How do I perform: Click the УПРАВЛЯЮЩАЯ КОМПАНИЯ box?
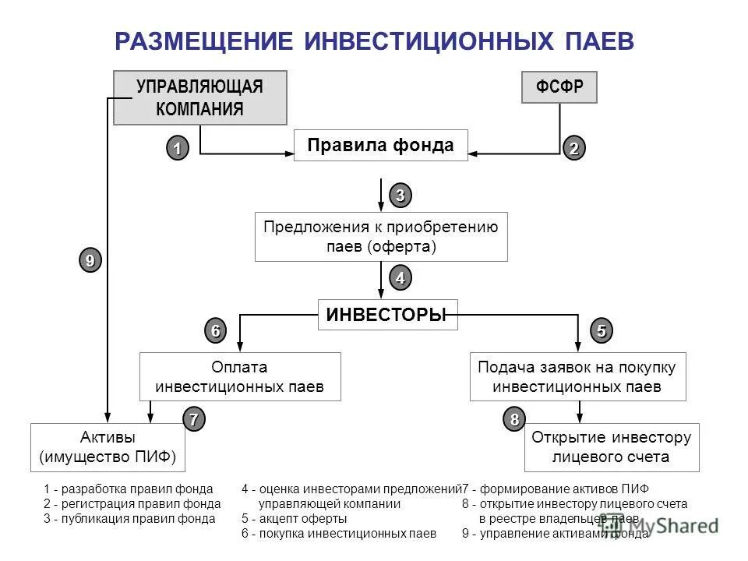(199, 97)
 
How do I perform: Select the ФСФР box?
(559, 87)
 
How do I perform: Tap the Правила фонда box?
(380, 146)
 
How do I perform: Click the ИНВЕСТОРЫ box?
(387, 315)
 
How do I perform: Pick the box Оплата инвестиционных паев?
(239, 376)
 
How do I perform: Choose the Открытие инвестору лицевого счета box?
(611, 447)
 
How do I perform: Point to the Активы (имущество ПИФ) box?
(108, 447)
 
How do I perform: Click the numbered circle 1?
(177, 147)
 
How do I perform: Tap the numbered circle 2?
(574, 148)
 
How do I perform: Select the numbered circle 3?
(400, 195)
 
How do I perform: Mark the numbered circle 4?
(400, 278)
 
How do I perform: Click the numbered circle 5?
(601, 330)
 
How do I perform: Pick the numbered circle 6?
(215, 330)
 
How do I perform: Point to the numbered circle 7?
(194, 419)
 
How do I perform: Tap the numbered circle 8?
(514, 419)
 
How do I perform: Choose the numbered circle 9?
(90, 259)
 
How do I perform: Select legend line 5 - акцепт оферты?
(294, 518)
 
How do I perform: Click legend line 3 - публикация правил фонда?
(129, 518)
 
